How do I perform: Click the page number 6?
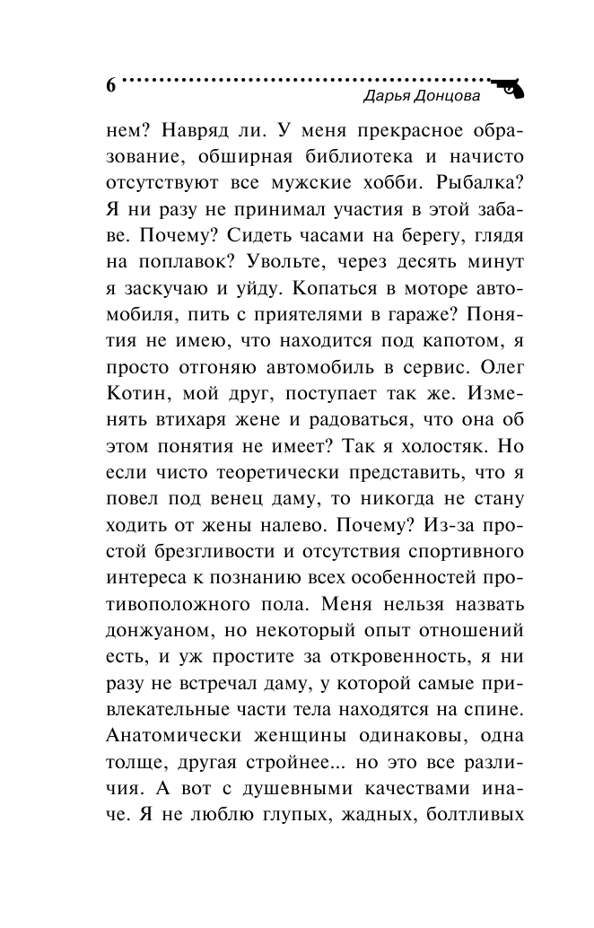pos(111,86)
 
